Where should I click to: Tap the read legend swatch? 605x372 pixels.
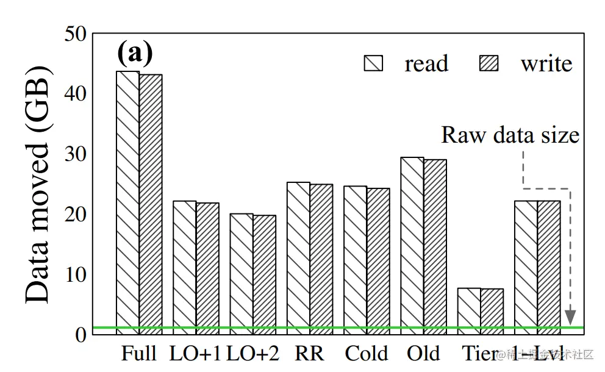[x=373, y=63]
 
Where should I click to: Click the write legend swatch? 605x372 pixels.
[x=489, y=63]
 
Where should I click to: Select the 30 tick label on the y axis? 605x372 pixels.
[x=76, y=154]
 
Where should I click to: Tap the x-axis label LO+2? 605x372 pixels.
[x=253, y=354]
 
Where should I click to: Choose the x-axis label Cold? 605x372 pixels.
[x=366, y=354]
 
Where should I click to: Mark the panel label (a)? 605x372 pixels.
[x=135, y=54]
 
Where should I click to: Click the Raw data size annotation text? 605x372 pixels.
[x=510, y=135]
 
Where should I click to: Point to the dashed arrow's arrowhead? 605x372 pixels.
[x=570, y=317]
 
